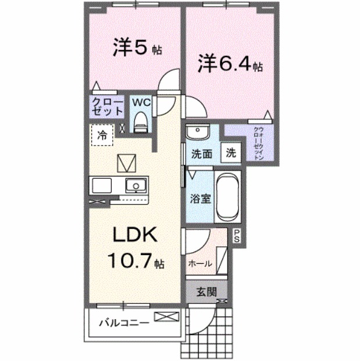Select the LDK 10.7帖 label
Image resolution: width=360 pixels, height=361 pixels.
coord(135,247)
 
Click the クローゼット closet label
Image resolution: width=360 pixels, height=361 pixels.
coord(108,106)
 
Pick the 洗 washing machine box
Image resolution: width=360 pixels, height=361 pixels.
coord(231,154)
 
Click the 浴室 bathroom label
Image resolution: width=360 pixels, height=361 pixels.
coord(201,197)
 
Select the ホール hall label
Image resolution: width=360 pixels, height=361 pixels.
coord(199,264)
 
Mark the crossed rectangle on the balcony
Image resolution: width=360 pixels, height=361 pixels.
coord(165,318)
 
